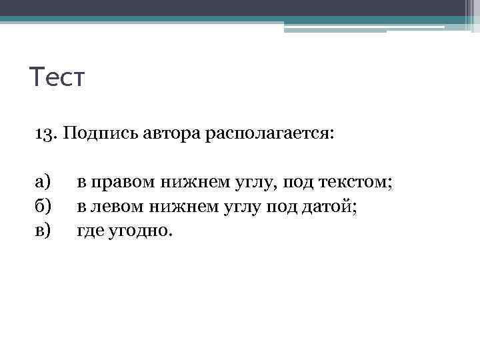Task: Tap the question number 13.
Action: [x=44, y=134]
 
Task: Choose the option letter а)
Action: [x=43, y=183]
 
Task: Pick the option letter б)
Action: [x=43, y=207]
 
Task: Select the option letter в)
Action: [x=43, y=231]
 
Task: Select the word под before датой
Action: [x=282, y=207]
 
